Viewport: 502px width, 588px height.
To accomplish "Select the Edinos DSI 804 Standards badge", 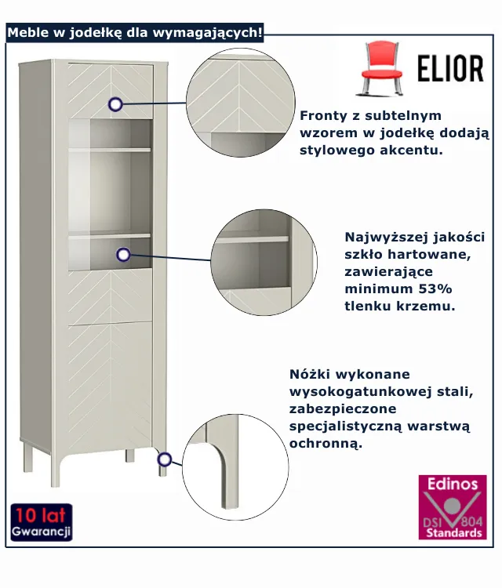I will [x=452, y=506].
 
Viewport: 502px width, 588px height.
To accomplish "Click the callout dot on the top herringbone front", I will [x=116, y=103].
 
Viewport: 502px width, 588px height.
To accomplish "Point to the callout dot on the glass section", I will [x=123, y=254].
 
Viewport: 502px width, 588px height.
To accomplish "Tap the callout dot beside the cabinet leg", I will [x=165, y=459].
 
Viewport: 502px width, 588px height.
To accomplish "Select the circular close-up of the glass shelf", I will [x=263, y=262].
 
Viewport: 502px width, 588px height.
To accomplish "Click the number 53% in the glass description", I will [x=440, y=289].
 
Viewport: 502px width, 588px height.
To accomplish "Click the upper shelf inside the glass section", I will [x=109, y=149].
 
